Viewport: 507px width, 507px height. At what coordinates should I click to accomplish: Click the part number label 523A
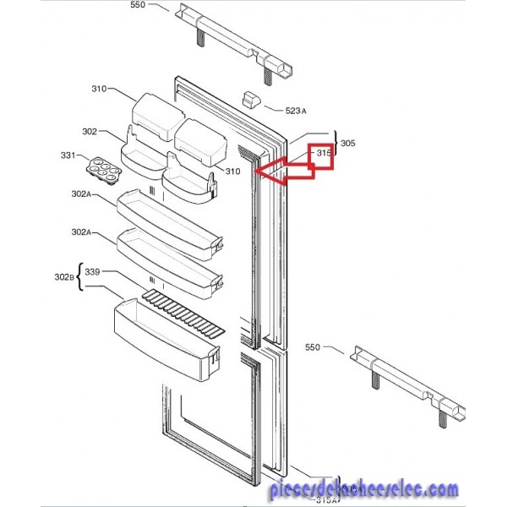[x=296, y=111]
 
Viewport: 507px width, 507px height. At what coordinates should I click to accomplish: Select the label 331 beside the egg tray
[x=68, y=155]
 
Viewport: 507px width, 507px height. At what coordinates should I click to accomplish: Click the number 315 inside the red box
[x=323, y=153]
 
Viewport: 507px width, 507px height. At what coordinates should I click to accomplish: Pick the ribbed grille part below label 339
[x=183, y=313]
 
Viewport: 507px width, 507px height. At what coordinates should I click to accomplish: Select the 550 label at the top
[x=138, y=5]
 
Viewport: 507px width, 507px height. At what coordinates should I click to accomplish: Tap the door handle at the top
[x=237, y=38]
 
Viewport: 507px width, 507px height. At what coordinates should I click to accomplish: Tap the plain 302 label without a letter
[x=90, y=132]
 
